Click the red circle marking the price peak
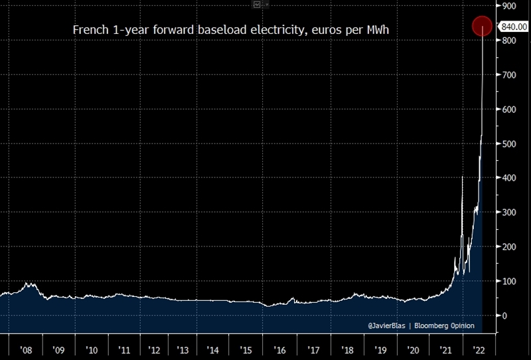pyautogui.click(x=482, y=26)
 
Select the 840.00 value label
pyautogui.click(x=514, y=27)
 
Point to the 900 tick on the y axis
pyautogui.click(x=510, y=6)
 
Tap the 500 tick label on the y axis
pyautogui.click(x=510, y=144)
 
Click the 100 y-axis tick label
pyautogui.click(x=510, y=282)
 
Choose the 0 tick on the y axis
pyautogui.click(x=506, y=316)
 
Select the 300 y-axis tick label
pyautogui.click(x=510, y=213)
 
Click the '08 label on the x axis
pyautogui.click(x=27, y=350)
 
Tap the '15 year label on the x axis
pyautogui.click(x=246, y=350)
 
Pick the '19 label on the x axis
pyautogui.click(x=380, y=350)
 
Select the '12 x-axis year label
pyautogui.click(x=153, y=350)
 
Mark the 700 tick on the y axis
pyautogui.click(x=510, y=75)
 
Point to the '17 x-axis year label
pyautogui.click(x=311, y=350)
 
